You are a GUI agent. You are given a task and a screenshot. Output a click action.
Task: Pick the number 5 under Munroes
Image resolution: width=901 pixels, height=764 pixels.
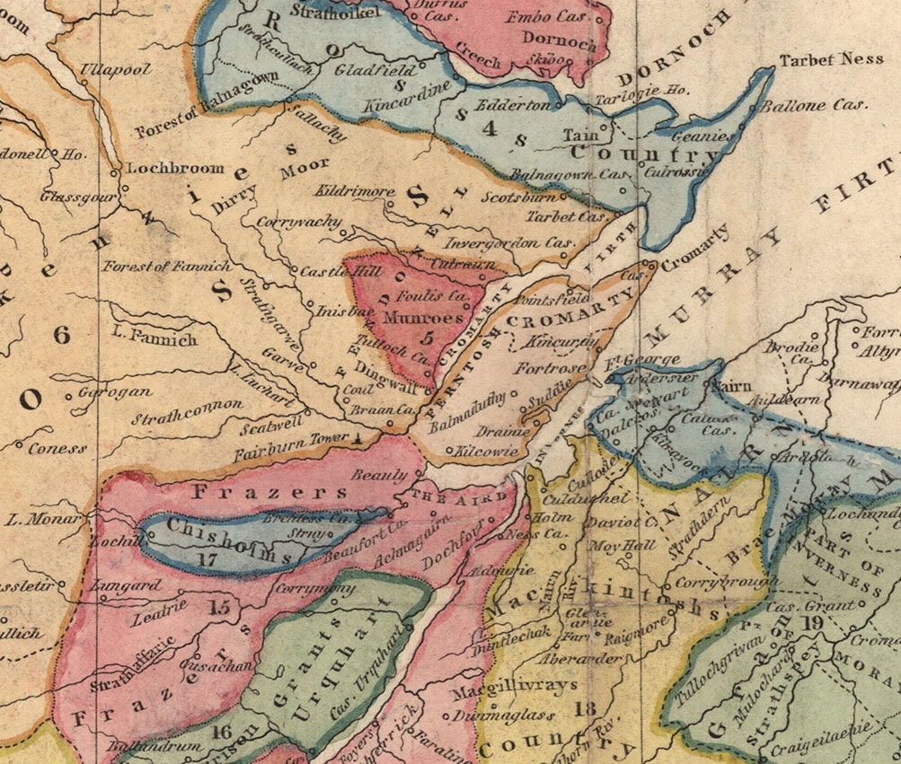(x=426, y=338)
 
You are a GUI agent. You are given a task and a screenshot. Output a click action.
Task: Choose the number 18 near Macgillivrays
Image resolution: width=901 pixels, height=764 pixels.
(x=585, y=709)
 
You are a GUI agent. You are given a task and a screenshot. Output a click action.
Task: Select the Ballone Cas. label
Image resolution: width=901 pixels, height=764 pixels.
(x=813, y=104)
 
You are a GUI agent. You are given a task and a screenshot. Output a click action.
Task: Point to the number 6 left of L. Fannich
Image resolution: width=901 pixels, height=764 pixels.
(x=61, y=336)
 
